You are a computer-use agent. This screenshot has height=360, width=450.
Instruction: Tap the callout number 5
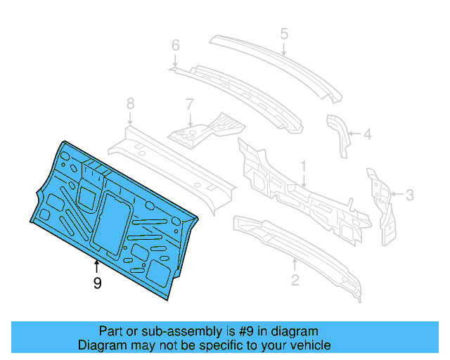coord(284,33)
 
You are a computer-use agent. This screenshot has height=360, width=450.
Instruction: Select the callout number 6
coord(176,46)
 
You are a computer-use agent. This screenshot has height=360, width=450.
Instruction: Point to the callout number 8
coord(130,104)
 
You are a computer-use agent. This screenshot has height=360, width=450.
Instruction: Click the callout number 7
coord(189,104)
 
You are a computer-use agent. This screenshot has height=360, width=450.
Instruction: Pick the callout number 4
coord(366,132)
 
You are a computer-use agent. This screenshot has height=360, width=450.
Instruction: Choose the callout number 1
coord(303,167)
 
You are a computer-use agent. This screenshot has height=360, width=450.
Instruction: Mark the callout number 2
coord(295,281)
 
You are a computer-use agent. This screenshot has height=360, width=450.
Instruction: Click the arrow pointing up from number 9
coord(97,266)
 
